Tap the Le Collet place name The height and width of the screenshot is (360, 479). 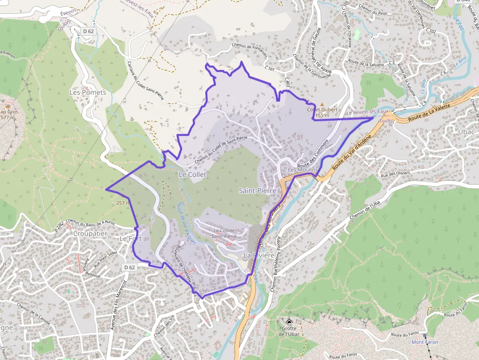[193, 174]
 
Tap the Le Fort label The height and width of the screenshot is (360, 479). [131, 239]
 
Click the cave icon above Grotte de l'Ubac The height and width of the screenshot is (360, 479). [289, 322]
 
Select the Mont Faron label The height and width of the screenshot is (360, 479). [425, 342]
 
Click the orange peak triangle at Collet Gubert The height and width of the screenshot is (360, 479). [322, 104]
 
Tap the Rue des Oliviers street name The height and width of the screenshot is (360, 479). [394, 174]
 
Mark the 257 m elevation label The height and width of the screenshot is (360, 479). [123, 203]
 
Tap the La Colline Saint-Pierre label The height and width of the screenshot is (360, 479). [225, 233]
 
